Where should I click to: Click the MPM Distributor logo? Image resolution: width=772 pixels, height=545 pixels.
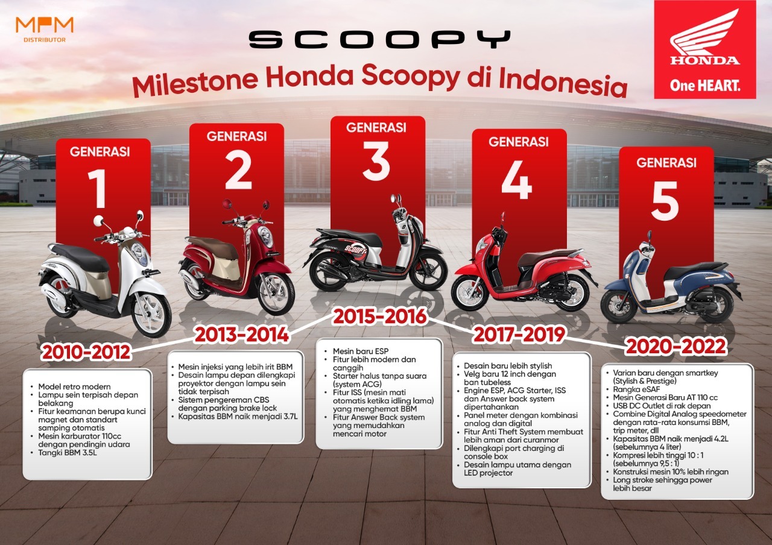[45, 28]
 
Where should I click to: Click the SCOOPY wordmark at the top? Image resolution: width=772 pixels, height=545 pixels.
[379, 40]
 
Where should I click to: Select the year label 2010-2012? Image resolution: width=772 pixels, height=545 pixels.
[86, 351]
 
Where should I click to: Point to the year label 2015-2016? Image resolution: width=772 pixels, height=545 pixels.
[379, 315]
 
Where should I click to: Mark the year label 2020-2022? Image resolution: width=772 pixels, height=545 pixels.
[675, 347]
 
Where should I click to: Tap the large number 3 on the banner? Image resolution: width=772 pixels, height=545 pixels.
[377, 160]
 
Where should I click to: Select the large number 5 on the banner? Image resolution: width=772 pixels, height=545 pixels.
[665, 203]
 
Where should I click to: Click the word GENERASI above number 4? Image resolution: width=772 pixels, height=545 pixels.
[519, 142]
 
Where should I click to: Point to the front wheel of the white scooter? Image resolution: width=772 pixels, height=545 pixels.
[150, 314]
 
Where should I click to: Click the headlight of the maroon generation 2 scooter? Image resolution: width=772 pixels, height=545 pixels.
[265, 237]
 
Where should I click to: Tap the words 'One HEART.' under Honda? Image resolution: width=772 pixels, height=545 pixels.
[704, 85]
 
